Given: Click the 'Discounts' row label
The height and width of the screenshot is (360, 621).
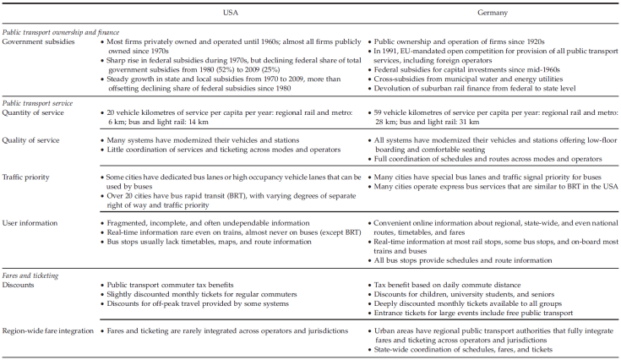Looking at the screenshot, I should click(21, 286).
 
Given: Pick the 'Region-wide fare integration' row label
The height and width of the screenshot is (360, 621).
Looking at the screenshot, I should click(47, 332).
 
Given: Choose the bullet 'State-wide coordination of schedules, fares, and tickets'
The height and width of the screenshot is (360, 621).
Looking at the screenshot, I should click(461, 351).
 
